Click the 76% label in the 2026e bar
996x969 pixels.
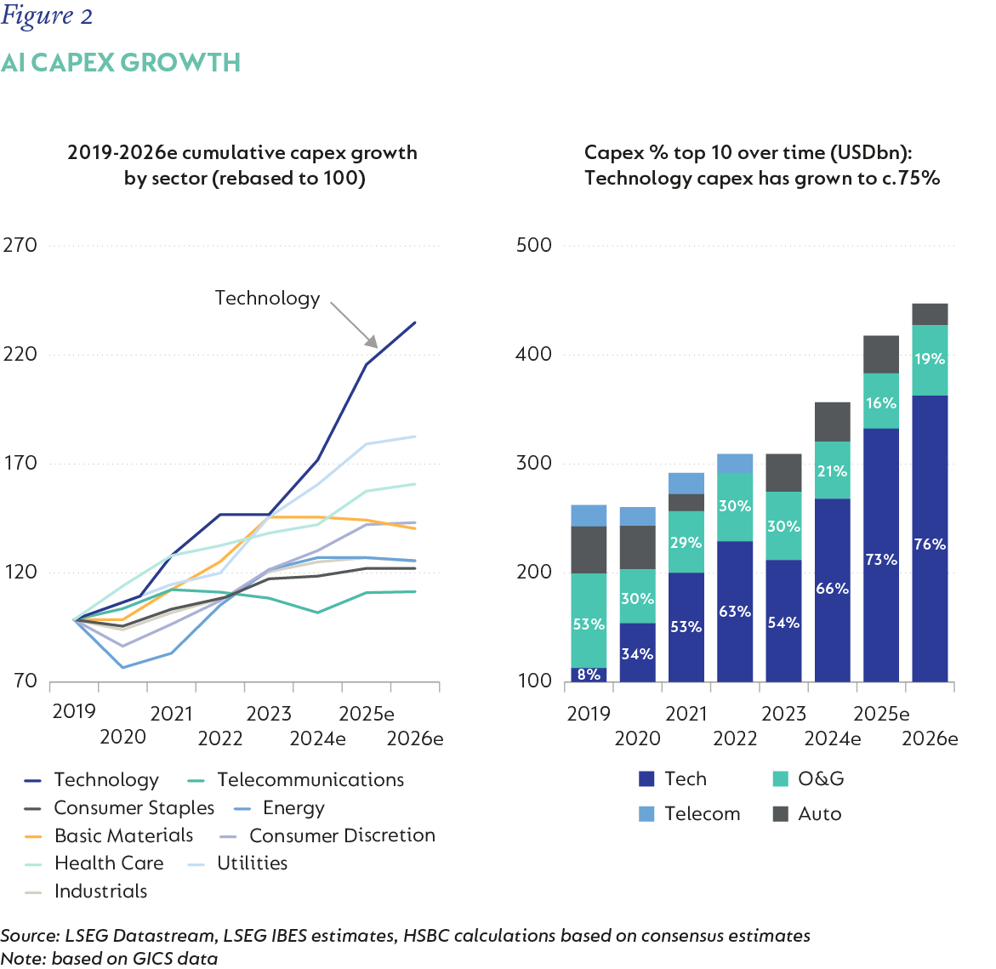pyautogui.click(x=930, y=544)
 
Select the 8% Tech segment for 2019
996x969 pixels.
pyautogui.click(x=589, y=675)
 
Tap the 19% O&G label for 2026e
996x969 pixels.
pyautogui.click(x=930, y=359)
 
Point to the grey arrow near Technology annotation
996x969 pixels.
pyautogui.click(x=354, y=324)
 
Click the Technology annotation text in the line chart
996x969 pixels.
pyautogui.click(x=267, y=298)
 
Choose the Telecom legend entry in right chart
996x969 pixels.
pyautogui.click(x=690, y=814)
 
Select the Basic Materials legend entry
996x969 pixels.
pyautogui.click(x=111, y=835)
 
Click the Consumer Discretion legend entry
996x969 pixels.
pyautogui.click(x=327, y=835)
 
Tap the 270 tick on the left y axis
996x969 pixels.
pyautogui.click(x=20, y=245)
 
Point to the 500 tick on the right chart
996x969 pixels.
pyautogui.click(x=534, y=245)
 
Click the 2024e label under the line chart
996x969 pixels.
pyautogui.click(x=317, y=738)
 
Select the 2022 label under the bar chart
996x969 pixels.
pyautogui.click(x=735, y=738)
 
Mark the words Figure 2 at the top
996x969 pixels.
pyautogui.click(x=47, y=16)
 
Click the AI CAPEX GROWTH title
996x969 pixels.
pyautogui.click(x=121, y=63)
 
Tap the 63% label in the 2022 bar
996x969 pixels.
pyautogui.click(x=735, y=612)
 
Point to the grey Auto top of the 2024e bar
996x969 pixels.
pyautogui.click(x=833, y=421)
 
